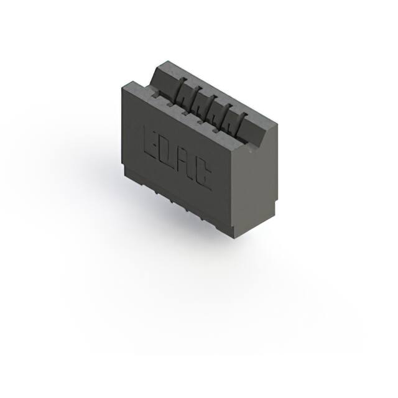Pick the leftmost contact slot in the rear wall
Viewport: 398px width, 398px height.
pos(178,94)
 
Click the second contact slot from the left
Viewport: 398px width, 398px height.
pos(194,100)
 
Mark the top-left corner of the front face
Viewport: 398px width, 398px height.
pos(123,88)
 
